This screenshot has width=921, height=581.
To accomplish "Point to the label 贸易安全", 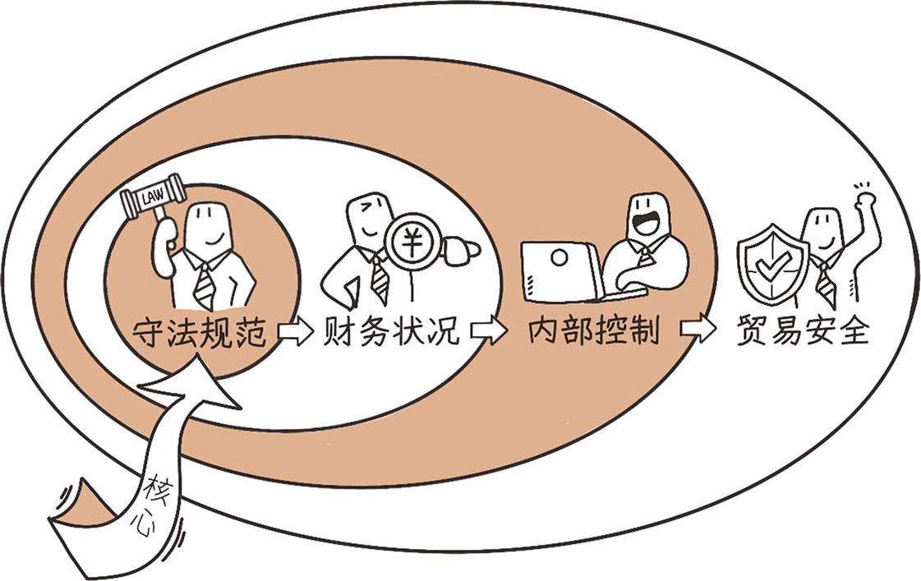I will tap(803, 332).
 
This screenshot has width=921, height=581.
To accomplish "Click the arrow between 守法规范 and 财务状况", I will tap(295, 334).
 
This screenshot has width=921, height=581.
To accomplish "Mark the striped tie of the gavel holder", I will tap(203, 283).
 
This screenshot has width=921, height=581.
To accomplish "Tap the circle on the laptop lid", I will tap(558, 258).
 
